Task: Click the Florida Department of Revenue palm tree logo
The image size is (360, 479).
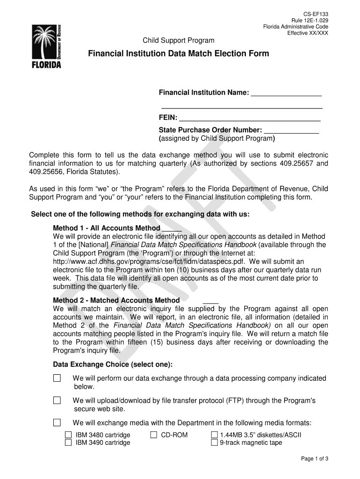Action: tap(46, 46)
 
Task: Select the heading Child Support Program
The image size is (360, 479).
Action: tap(179, 41)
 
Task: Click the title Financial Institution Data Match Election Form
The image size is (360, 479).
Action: tap(179, 54)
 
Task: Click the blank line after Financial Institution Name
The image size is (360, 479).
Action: tap(286, 93)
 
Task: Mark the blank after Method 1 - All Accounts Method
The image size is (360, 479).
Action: tap(172, 229)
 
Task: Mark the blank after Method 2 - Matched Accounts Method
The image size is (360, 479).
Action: tap(211, 300)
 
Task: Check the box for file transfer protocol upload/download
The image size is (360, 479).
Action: tap(57, 400)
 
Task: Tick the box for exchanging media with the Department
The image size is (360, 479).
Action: tap(57, 423)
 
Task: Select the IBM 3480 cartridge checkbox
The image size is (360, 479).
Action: tap(68, 435)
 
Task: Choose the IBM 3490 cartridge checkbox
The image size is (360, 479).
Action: tap(68, 443)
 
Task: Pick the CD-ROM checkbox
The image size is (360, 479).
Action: tap(154, 435)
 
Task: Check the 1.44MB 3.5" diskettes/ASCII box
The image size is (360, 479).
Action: tap(215, 435)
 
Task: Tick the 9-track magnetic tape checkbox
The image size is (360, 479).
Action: tap(215, 443)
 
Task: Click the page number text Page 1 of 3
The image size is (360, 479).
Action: tap(315, 459)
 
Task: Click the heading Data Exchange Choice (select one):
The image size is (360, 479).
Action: tap(113, 364)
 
